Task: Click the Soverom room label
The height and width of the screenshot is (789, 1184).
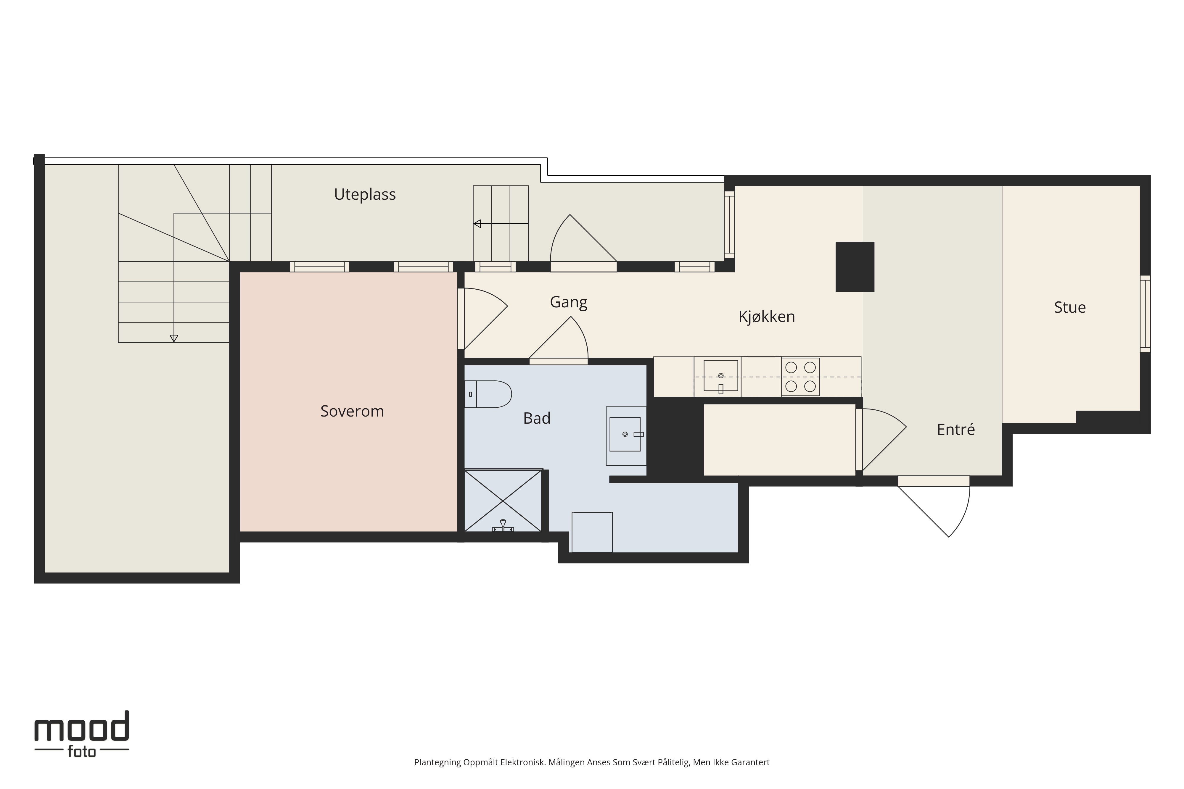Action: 352,411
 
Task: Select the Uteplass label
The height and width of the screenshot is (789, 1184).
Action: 365,194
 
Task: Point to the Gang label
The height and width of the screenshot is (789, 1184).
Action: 568,302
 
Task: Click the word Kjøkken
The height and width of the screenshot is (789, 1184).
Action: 767,317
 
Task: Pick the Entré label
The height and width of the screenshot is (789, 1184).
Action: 955,429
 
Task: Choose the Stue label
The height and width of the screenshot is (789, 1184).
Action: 1070,307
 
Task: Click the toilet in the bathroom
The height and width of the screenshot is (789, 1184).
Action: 488,394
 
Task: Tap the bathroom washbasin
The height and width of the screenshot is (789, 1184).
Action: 626,435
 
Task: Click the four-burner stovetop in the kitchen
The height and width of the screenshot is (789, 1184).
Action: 800,377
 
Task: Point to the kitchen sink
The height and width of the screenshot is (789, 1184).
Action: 721,376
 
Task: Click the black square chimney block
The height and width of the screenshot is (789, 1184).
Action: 855,267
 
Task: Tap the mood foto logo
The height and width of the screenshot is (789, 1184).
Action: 82,734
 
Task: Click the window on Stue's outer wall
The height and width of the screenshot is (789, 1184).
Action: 1145,314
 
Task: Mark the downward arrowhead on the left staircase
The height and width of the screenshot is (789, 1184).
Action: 174,339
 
